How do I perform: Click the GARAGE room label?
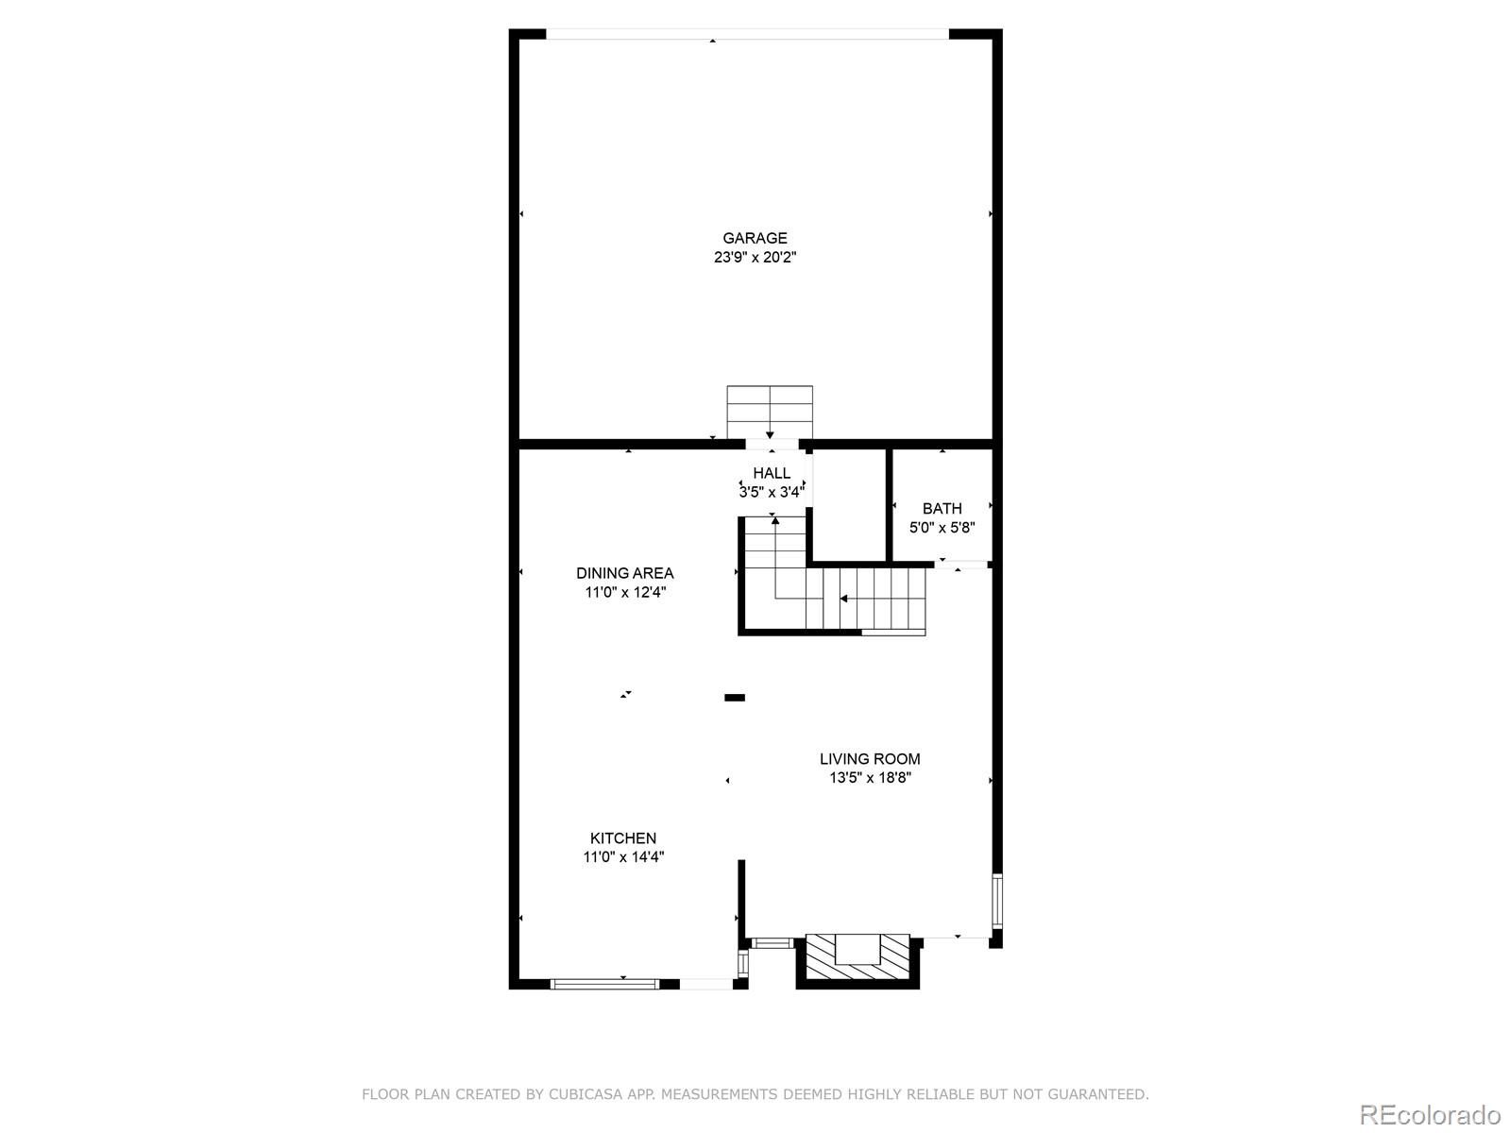(x=755, y=238)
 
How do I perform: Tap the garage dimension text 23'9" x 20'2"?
(x=755, y=257)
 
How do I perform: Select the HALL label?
(x=772, y=473)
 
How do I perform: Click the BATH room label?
(x=942, y=509)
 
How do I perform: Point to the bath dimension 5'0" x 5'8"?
(x=942, y=528)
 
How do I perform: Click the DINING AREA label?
(x=625, y=573)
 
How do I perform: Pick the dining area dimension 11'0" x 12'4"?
(x=625, y=592)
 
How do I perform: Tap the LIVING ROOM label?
(x=870, y=759)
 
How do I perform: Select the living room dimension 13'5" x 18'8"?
(x=870, y=778)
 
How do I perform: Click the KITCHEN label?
(x=623, y=838)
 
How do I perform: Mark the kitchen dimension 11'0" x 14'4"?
(x=623, y=857)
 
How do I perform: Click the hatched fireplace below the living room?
(x=857, y=961)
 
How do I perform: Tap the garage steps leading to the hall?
(x=770, y=411)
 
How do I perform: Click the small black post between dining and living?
(x=734, y=698)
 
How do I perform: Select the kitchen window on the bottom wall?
(x=604, y=984)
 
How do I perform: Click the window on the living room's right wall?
(x=996, y=902)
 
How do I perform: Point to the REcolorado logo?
(x=1430, y=1114)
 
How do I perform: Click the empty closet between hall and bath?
(x=850, y=505)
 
